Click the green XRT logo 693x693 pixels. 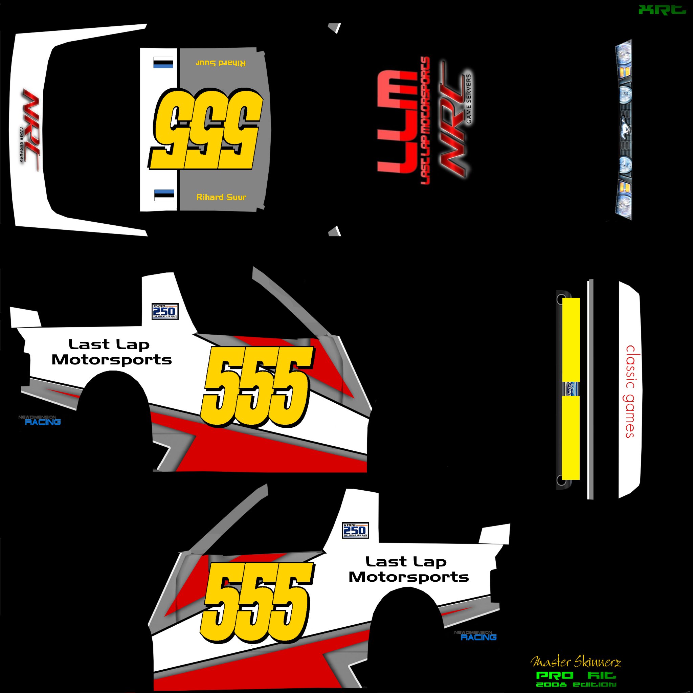(x=662, y=10)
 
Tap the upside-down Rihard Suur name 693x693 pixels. (x=221, y=63)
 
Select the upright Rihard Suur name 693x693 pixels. (x=221, y=197)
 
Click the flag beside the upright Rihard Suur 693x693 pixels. (x=164, y=195)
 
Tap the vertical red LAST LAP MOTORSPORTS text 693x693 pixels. (x=425, y=120)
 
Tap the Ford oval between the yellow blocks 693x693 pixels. (x=572, y=389)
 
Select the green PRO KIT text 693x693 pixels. (x=575, y=676)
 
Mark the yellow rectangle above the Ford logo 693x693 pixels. (x=571, y=339)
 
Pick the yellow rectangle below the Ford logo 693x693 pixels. (x=571, y=438)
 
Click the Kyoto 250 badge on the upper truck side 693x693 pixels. (x=165, y=311)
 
